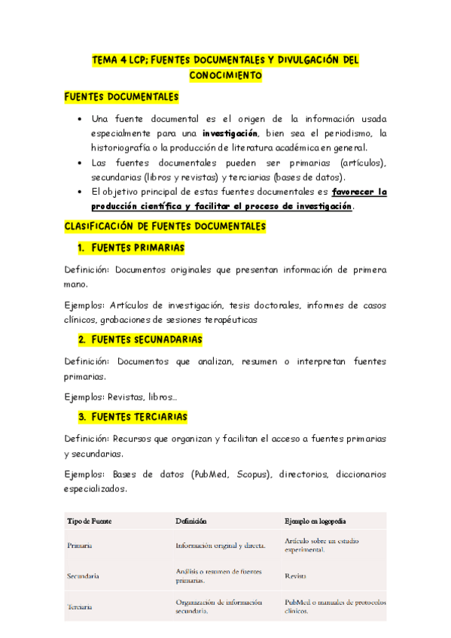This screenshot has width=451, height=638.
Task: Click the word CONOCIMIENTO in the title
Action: pos(225,76)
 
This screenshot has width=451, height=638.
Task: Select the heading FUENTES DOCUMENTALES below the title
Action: pos(121,98)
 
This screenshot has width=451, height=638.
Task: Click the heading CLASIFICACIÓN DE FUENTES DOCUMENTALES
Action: pos(165,226)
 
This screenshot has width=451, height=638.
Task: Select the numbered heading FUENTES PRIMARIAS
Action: pos(137,248)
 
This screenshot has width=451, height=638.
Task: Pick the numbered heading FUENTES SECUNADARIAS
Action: pos(146,340)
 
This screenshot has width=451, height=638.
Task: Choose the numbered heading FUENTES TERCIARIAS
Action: pos(139,417)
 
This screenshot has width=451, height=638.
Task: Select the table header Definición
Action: pos(191,521)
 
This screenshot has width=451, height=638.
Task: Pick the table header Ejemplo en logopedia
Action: pos(315,521)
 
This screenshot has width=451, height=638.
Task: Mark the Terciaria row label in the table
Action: pos(81,606)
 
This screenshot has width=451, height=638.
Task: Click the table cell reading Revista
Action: pos(296,576)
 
